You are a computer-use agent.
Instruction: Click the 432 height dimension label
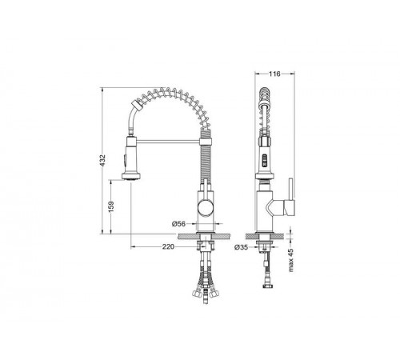click(x=103, y=161)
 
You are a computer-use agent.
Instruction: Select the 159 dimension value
click(x=111, y=206)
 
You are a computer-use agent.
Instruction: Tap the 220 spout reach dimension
click(x=168, y=247)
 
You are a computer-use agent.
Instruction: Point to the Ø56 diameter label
click(x=178, y=224)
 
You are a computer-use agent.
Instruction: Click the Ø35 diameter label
click(x=242, y=247)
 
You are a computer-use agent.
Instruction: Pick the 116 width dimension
click(x=274, y=74)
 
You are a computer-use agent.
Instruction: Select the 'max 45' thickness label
click(x=290, y=260)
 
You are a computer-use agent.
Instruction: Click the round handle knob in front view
click(x=206, y=207)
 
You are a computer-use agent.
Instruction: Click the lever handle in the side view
click(x=290, y=198)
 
